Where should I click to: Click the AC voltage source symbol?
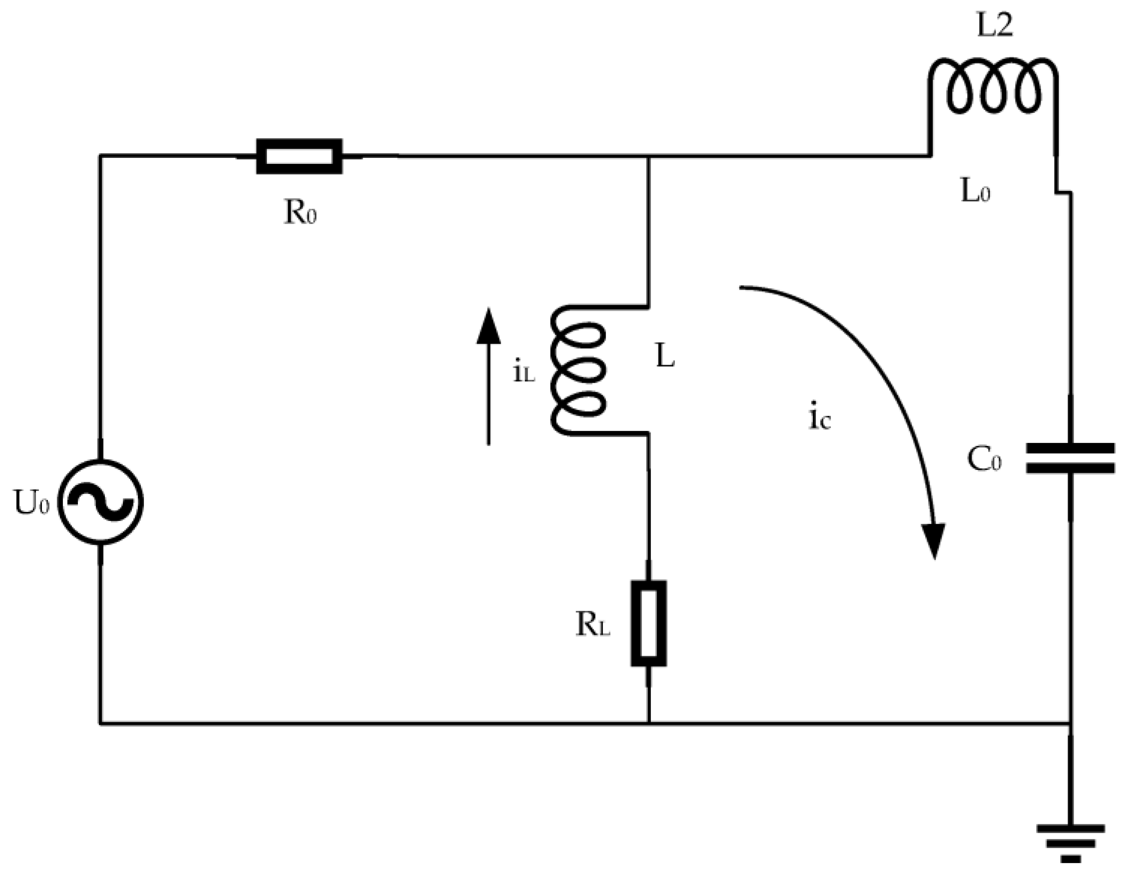point(100,502)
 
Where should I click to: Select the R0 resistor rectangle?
point(299,156)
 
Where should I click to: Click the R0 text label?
point(300,212)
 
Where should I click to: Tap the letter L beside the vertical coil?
point(665,356)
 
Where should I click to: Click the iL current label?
point(524,372)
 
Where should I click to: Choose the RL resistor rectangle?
point(649,624)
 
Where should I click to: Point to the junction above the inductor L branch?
point(649,156)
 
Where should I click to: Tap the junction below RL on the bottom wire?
point(649,723)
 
